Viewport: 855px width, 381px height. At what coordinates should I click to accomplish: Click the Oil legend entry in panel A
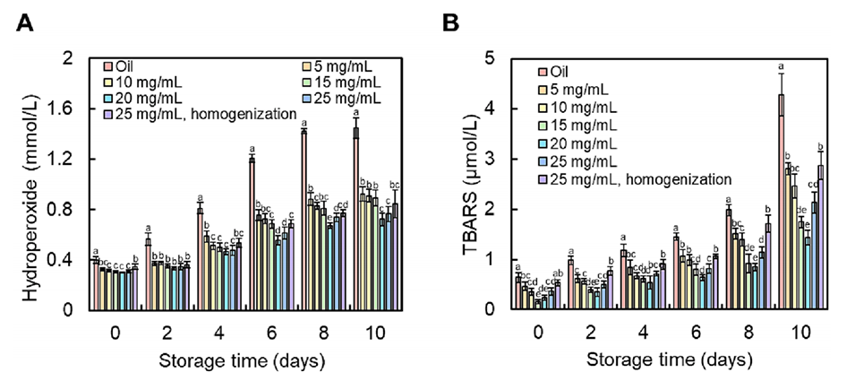(124, 65)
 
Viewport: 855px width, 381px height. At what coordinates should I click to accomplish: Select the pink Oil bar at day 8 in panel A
(304, 220)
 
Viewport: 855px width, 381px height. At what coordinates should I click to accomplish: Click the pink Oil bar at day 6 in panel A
(252, 234)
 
